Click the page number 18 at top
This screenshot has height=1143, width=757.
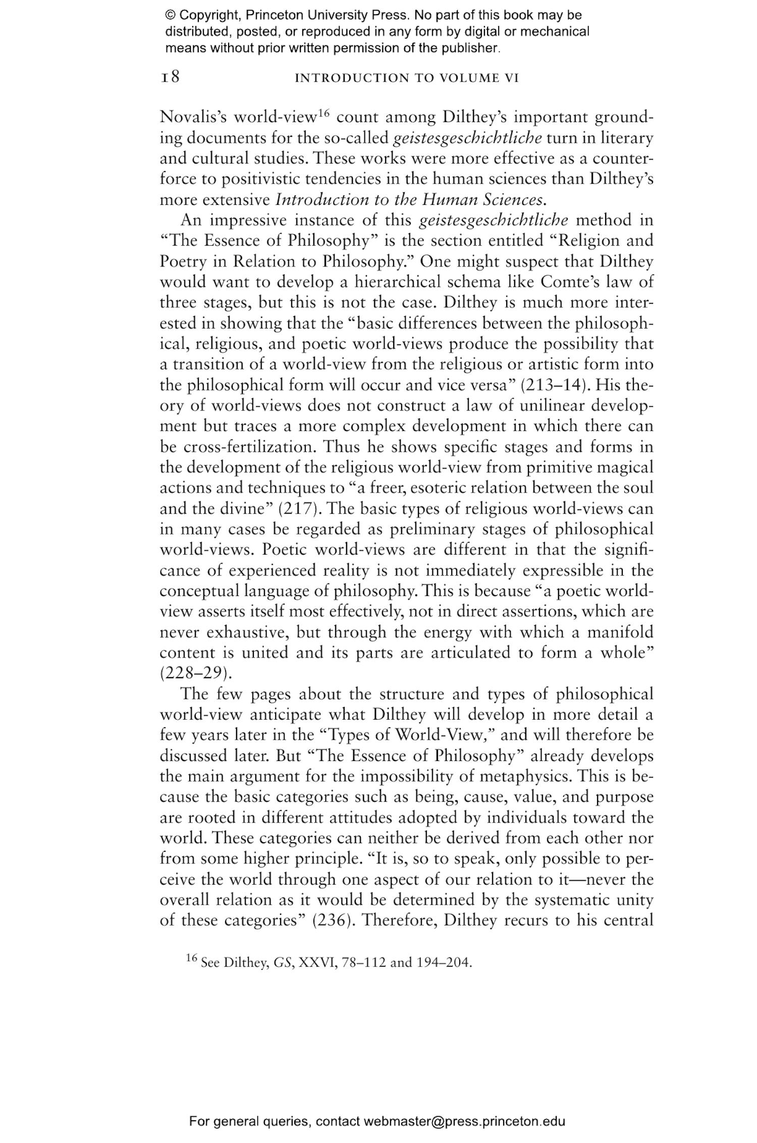pos(170,78)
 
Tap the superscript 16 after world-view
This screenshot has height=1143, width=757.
pos(323,113)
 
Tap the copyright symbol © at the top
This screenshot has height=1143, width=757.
pos(170,15)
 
